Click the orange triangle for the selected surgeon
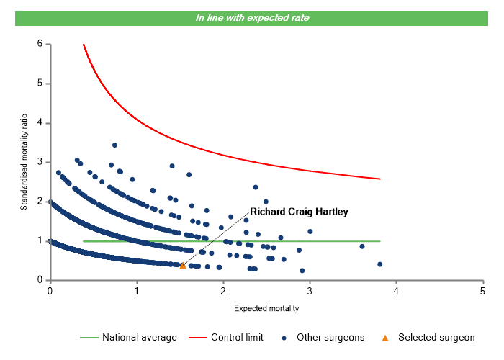click(183, 266)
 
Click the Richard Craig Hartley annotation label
click(299, 212)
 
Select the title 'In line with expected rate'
click(252, 18)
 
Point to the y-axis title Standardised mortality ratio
click(24, 162)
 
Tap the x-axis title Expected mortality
click(266, 308)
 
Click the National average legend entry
click(139, 337)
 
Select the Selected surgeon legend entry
click(436, 337)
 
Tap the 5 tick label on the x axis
click(482, 290)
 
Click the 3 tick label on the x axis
click(310, 290)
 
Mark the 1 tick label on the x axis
click(136, 290)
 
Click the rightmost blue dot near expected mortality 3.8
click(379, 264)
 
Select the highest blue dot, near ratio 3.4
click(114, 145)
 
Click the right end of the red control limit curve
click(379, 179)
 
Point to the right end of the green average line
click(379, 241)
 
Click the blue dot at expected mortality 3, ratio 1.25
click(310, 231)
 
